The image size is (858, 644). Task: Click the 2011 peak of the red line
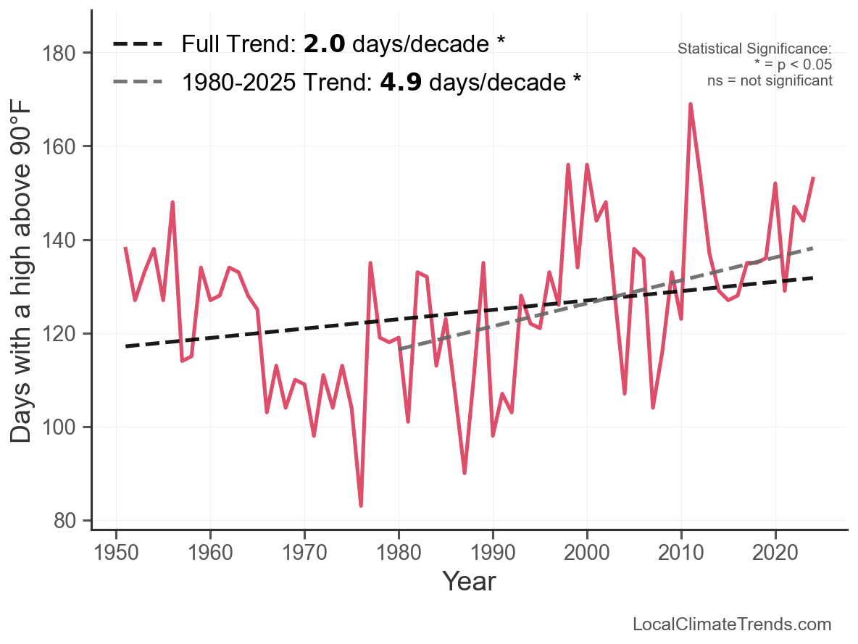pyautogui.click(x=691, y=104)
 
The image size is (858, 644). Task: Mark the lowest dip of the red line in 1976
pyautogui.click(x=361, y=505)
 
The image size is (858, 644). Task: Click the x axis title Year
pyautogui.click(x=469, y=581)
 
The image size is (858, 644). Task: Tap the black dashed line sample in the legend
pyautogui.click(x=138, y=44)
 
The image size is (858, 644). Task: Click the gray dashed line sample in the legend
pyautogui.click(x=138, y=82)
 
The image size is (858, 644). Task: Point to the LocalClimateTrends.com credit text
pyautogui.click(x=732, y=624)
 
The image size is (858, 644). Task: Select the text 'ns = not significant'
pyautogui.click(x=770, y=80)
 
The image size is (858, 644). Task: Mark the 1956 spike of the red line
pyautogui.click(x=172, y=203)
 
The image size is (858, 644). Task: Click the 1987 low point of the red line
pyautogui.click(x=465, y=472)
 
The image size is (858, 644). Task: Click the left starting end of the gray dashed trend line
pyautogui.click(x=399, y=349)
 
